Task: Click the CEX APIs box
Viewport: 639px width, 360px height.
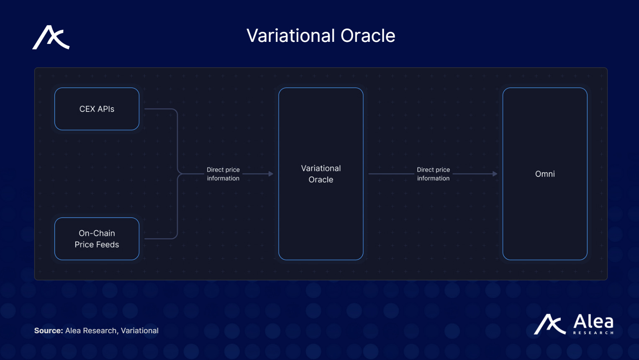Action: (x=97, y=109)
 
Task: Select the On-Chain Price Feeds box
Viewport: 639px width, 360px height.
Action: (x=97, y=239)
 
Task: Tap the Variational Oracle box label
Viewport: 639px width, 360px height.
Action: (x=321, y=174)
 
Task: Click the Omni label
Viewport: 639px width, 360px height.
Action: (x=545, y=174)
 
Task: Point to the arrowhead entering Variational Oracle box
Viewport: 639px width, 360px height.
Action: (x=271, y=174)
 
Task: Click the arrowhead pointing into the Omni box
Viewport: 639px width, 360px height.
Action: (x=495, y=174)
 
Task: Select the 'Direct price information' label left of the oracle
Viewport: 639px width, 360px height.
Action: (x=223, y=174)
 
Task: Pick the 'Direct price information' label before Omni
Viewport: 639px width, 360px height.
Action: (x=433, y=174)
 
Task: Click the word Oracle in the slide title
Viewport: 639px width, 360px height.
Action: (x=368, y=36)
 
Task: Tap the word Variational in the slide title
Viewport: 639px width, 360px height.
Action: (x=291, y=36)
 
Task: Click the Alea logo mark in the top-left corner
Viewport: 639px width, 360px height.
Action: (x=51, y=38)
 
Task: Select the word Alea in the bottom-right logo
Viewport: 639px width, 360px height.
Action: (x=593, y=321)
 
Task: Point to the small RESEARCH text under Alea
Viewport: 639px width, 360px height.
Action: (x=593, y=333)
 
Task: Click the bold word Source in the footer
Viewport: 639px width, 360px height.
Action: (x=48, y=331)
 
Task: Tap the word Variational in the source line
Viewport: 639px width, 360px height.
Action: (x=140, y=331)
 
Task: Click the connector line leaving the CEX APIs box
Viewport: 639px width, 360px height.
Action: (x=161, y=109)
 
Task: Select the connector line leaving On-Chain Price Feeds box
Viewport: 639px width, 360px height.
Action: (x=161, y=239)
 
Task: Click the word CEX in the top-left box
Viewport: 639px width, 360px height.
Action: (x=87, y=109)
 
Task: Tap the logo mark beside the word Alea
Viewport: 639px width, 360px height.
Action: (x=549, y=324)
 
